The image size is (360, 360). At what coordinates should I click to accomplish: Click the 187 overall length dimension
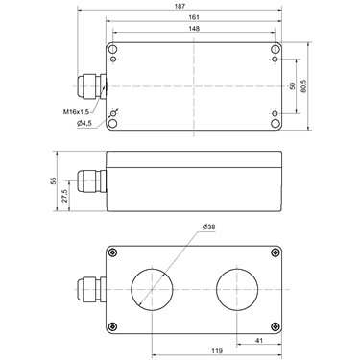(180, 6)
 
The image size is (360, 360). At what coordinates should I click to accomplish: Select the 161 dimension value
(194, 17)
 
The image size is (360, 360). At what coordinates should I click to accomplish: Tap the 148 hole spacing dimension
(194, 29)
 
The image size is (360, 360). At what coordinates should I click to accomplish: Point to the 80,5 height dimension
(303, 86)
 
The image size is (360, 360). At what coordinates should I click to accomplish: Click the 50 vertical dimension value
(292, 86)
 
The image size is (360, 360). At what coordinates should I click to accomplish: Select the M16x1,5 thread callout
(76, 112)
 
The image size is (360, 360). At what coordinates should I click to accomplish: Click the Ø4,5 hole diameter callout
(84, 123)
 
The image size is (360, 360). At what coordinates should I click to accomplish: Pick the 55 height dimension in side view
(54, 180)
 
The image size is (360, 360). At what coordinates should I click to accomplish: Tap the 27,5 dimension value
(64, 196)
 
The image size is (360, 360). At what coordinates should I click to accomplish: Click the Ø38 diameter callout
(209, 227)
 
